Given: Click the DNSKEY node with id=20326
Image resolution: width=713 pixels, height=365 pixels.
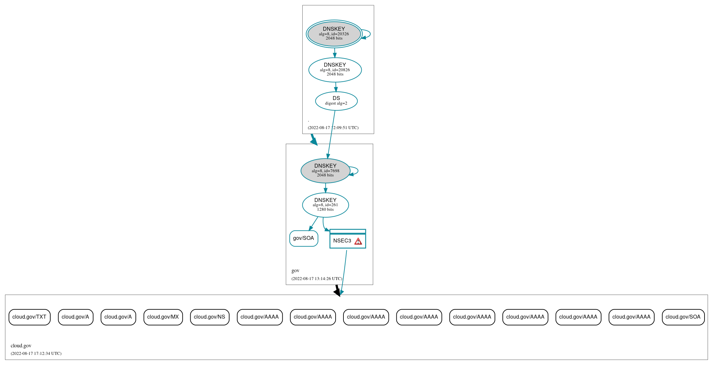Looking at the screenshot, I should click(x=334, y=34).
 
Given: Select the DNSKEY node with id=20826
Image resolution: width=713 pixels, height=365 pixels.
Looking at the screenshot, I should click(x=335, y=70).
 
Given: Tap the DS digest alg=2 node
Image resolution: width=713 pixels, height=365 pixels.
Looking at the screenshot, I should click(x=336, y=101).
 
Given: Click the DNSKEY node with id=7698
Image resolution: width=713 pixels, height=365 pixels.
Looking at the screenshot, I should click(x=325, y=171).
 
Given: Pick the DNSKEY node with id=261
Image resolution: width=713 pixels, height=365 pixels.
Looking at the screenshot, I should click(x=325, y=205).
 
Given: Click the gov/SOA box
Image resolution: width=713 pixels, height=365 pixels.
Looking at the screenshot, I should click(x=304, y=238).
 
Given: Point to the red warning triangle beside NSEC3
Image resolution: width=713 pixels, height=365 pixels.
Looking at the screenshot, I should click(x=358, y=241).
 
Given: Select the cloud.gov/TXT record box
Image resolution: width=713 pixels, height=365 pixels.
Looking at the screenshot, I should click(x=29, y=317).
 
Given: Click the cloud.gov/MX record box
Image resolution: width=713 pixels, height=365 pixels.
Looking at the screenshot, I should click(x=163, y=317).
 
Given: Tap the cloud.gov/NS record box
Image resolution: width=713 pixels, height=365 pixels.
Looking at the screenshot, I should click(x=210, y=317).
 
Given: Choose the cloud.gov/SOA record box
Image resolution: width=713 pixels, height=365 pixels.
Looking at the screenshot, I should click(x=683, y=317).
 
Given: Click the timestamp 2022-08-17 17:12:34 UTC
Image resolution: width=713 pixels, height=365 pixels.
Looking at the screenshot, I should click(x=36, y=353).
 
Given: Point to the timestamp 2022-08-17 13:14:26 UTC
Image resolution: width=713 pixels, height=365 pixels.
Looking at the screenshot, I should click(x=317, y=279).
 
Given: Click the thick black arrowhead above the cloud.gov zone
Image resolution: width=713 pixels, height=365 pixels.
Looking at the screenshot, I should click(x=338, y=292).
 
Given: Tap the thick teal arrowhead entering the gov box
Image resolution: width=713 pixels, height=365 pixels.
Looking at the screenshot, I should click(x=314, y=141).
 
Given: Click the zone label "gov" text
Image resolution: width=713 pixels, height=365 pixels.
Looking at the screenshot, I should click(x=295, y=271).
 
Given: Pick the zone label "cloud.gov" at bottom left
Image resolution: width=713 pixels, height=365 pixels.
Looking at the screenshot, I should click(x=21, y=346).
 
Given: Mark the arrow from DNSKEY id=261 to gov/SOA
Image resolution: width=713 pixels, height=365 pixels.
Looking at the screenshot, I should click(x=313, y=224).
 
